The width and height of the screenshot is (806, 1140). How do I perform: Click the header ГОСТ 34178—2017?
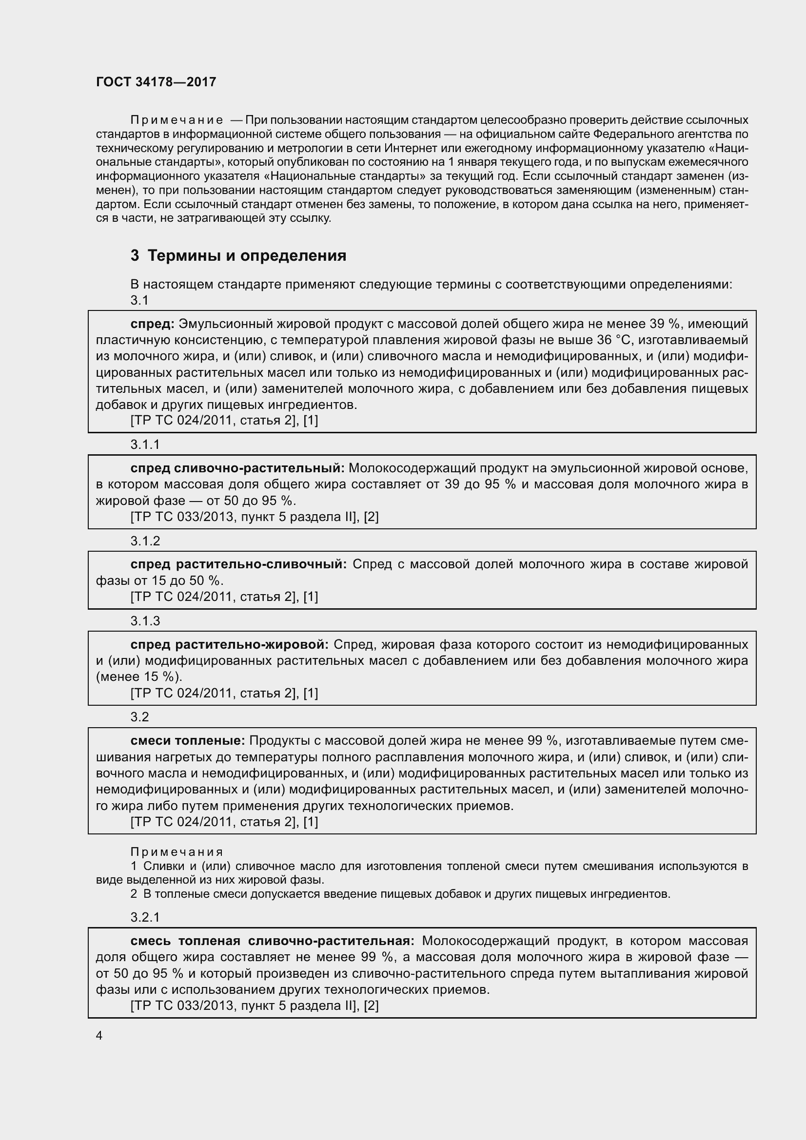156,82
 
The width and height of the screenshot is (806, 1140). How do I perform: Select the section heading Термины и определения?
238,256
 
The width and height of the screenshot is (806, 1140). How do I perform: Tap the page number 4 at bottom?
99,1035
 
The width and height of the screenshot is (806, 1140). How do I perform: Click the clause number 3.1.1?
145,444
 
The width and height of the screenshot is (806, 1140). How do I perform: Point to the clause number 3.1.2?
145,541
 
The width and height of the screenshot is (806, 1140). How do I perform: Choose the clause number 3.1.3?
145,620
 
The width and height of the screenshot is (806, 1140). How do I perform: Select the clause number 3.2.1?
145,917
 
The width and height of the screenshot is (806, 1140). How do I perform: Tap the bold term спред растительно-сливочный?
238,564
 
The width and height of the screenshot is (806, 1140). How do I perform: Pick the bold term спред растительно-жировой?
230,644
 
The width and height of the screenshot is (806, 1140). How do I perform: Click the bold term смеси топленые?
188,741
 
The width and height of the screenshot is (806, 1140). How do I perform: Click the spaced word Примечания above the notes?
177,852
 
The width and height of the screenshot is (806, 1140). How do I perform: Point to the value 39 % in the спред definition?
664,324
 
